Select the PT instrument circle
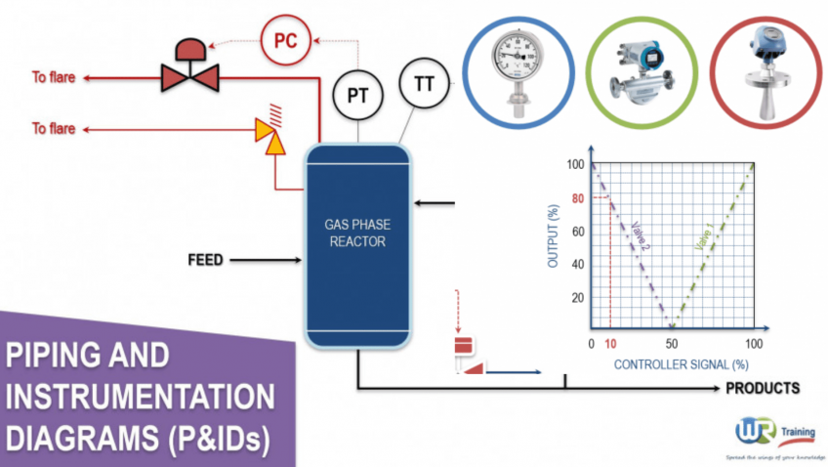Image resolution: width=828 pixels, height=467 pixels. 357,94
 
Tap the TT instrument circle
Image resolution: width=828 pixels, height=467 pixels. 424,83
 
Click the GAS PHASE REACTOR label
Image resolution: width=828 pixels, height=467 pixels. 355,233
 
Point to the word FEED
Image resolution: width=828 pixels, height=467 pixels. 205,260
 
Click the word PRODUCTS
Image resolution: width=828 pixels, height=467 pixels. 762,388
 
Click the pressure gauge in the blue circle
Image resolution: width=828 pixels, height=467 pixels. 510,64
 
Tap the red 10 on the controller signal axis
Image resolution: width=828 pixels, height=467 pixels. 610,346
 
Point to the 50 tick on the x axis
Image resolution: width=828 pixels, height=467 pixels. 672,346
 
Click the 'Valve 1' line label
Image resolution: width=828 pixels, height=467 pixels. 702,234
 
